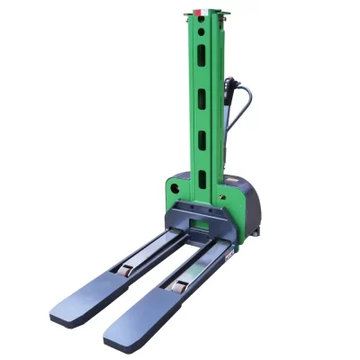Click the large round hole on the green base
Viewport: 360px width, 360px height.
click(173, 192)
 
